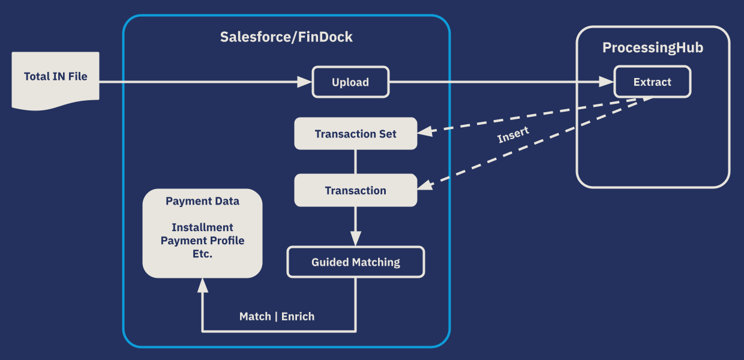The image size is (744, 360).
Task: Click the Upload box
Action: [x=350, y=82]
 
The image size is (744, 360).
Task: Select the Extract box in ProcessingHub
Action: [x=652, y=82]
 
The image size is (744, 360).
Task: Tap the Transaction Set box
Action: [x=355, y=134]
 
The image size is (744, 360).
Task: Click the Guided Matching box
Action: [x=355, y=262]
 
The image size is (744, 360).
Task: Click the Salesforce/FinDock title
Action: [x=286, y=37]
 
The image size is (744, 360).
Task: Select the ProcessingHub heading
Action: [x=652, y=48]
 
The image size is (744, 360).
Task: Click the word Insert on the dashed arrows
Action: [x=513, y=136]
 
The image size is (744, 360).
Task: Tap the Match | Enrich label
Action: [x=277, y=316]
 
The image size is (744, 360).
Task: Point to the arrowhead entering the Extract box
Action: [x=607, y=82]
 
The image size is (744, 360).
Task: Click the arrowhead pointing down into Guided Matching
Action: [x=355, y=239]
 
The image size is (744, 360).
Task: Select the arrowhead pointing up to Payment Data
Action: [x=202, y=285]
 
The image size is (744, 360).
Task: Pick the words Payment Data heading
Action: [x=202, y=201]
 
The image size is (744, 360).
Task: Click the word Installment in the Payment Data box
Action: [x=202, y=227]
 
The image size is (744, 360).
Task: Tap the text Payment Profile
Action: [x=202, y=241]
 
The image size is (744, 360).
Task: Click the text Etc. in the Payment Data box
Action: [x=202, y=254]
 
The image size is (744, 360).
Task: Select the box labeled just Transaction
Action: [x=355, y=191]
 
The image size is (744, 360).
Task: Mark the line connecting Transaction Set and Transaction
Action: [x=355, y=162]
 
